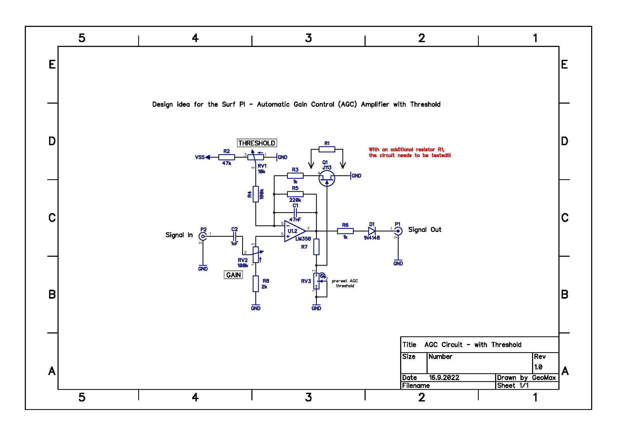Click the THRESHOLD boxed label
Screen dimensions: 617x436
click(x=257, y=143)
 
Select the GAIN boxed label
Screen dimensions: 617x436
click(x=233, y=275)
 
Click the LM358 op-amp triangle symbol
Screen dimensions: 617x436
click(x=295, y=231)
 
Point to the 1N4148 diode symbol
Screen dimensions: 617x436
click(x=372, y=231)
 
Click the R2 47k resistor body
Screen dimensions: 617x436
click(x=227, y=157)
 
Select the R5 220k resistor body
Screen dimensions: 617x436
click(x=295, y=194)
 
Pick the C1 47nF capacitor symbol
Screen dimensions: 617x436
click(x=295, y=213)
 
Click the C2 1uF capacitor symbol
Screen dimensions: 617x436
click(x=235, y=236)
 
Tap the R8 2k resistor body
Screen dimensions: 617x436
click(x=256, y=284)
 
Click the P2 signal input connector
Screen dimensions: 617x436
click(x=203, y=236)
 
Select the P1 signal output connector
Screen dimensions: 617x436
click(x=398, y=231)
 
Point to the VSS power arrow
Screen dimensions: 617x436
click(x=207, y=157)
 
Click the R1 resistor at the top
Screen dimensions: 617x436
click(x=327, y=149)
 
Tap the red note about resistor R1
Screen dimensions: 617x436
click(x=410, y=152)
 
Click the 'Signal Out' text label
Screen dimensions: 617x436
click(x=425, y=230)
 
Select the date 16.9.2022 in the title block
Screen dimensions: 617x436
click(x=444, y=378)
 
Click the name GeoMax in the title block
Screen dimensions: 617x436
click(x=544, y=378)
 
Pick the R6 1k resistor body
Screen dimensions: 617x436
click(x=345, y=231)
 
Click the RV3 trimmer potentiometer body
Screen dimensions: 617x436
click(x=316, y=281)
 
